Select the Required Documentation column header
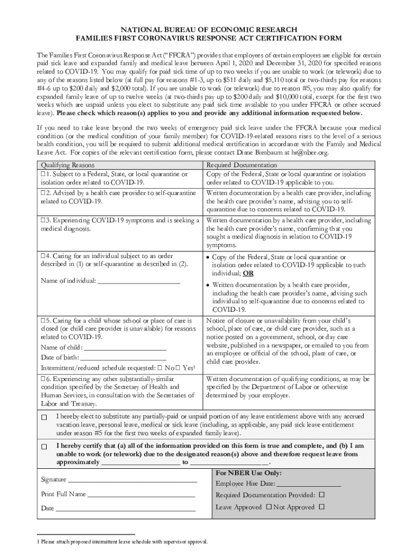(242, 165)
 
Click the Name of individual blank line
(138, 280)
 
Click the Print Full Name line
(141, 494)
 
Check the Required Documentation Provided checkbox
(322, 495)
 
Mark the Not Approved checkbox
(322, 507)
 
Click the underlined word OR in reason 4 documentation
(248, 274)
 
